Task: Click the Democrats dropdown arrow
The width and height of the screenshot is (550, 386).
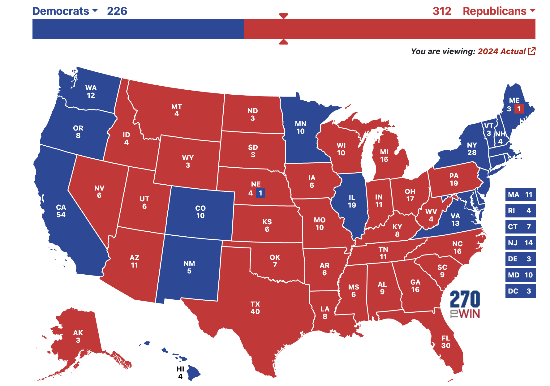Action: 95,11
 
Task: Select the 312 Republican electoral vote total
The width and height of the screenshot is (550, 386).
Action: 442,11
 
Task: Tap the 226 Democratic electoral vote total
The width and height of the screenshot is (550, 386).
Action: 117,11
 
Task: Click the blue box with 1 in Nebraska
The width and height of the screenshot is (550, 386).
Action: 260,193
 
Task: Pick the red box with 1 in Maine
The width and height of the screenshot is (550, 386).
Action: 519,109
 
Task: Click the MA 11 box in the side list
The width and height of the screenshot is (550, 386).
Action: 520,195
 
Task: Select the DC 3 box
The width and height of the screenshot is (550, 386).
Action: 520,291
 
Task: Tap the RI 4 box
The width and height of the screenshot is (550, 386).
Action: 520,211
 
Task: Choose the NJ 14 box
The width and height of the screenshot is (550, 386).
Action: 520,243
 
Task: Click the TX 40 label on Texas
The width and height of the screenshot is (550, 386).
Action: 255,308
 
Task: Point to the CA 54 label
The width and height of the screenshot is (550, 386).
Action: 61,211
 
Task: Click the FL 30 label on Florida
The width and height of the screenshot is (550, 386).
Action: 446,342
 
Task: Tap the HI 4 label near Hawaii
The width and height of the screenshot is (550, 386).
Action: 180,373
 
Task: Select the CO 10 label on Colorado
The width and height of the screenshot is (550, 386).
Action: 200,212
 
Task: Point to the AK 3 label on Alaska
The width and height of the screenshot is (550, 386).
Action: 78,337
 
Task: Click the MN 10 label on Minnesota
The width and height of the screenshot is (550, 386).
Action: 300,127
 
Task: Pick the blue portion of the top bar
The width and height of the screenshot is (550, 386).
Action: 138,29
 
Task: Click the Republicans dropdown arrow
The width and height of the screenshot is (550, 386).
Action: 532,11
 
